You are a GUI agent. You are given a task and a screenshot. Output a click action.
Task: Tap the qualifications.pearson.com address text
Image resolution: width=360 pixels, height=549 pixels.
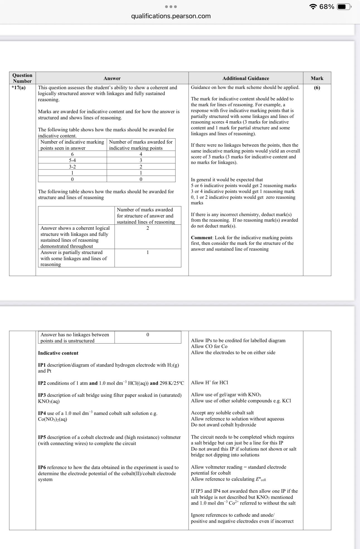(x=171, y=16)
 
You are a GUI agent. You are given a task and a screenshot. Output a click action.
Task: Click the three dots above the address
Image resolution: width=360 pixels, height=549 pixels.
(x=171, y=6)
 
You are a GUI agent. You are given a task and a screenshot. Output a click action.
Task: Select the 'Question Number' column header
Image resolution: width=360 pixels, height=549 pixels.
(x=22, y=78)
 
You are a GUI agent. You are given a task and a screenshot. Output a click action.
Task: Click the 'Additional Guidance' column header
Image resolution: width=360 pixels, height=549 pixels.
(x=246, y=78)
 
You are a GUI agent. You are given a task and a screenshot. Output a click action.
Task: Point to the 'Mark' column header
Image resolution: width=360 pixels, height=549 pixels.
(x=317, y=78)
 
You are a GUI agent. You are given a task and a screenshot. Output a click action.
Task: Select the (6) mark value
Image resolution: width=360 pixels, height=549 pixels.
(x=317, y=88)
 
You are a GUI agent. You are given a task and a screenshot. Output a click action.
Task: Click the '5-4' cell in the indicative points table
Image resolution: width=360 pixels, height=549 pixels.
(x=73, y=160)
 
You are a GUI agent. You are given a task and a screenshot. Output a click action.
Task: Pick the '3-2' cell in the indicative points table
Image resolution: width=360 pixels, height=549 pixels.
(x=73, y=167)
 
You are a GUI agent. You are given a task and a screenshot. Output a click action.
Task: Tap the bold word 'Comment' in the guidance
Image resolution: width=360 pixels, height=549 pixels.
(x=201, y=238)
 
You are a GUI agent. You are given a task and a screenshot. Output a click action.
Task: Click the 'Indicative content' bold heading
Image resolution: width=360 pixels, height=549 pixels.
(x=58, y=353)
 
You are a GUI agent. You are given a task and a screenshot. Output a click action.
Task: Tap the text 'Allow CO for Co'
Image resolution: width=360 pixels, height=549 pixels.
(x=209, y=346)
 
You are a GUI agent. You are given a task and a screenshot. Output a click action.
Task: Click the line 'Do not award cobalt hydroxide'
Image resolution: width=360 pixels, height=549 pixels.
(x=223, y=425)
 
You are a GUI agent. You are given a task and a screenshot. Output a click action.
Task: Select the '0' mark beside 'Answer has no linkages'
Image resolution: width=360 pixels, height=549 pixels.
(x=148, y=334)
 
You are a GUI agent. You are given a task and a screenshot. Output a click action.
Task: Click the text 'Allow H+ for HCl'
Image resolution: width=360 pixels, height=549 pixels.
(x=209, y=383)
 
